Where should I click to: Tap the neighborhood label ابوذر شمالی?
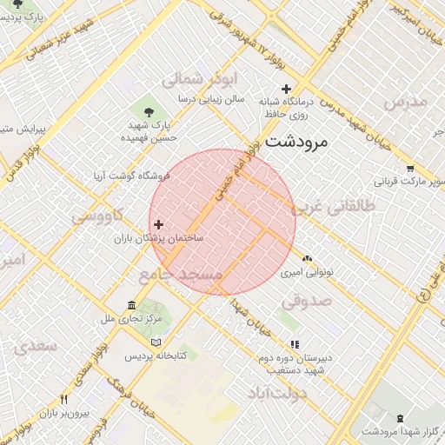[199, 79]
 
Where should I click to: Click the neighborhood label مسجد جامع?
[180, 274]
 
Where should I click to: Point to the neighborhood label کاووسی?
[97, 215]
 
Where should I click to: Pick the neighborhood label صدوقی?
[306, 301]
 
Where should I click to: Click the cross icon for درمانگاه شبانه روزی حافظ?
[286, 88]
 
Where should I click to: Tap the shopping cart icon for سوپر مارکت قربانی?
[409, 169]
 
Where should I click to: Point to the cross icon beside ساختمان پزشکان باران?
[158, 224]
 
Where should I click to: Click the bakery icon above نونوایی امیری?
[307, 258]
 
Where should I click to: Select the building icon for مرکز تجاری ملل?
[131, 306]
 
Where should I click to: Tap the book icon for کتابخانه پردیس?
[156, 342]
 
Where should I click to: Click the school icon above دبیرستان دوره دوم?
[295, 344]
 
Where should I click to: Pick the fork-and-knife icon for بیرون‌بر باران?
[63, 400]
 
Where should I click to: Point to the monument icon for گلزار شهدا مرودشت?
[400, 419]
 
